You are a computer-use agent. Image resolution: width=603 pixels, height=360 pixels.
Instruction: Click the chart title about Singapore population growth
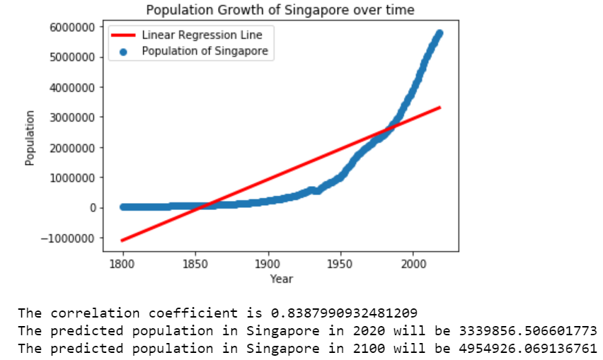tap(280, 10)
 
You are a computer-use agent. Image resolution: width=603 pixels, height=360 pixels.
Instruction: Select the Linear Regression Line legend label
tap(202, 35)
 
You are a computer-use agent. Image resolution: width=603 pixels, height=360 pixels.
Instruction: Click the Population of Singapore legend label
tap(205, 51)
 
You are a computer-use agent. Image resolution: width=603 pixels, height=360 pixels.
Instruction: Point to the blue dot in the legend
tap(122, 51)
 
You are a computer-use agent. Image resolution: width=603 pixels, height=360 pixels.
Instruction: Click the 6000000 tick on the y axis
tap(74, 27)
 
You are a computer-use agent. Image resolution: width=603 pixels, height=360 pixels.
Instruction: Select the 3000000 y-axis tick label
tap(74, 117)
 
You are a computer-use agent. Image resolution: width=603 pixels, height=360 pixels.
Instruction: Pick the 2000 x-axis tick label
tap(413, 264)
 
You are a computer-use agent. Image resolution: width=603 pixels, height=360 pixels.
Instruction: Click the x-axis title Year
tap(281, 279)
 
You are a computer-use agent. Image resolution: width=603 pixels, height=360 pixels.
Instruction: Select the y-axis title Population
tap(30, 138)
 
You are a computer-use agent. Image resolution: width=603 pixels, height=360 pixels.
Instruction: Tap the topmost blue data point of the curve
tap(440, 33)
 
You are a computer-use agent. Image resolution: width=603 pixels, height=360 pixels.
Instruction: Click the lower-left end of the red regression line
tap(123, 240)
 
